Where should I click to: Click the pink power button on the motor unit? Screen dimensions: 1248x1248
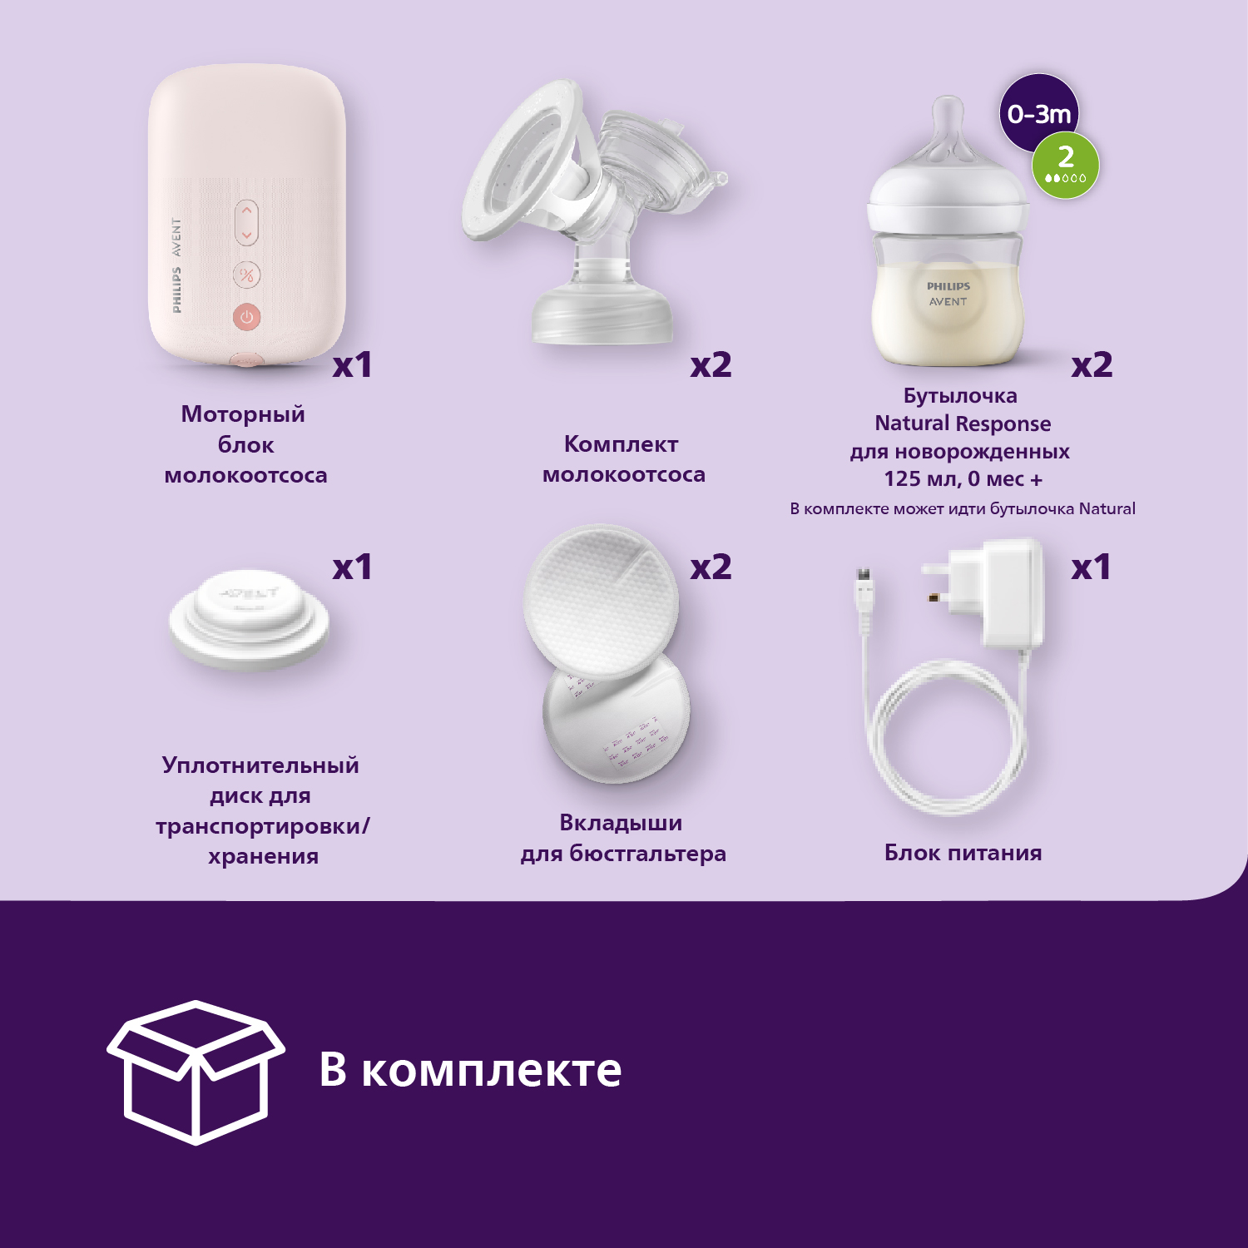click(246, 316)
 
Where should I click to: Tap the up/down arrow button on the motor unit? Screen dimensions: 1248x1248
click(246, 222)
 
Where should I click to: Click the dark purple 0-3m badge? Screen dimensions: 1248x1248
click(1038, 111)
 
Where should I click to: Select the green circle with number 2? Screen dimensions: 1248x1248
click(1066, 165)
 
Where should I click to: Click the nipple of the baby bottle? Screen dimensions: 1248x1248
click(948, 129)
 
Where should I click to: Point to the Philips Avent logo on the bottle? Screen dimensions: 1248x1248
click(948, 294)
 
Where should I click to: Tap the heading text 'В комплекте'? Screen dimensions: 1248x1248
click(471, 1070)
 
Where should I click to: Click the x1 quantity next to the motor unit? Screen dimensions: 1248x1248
click(352, 365)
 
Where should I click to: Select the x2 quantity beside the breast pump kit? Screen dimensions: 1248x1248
click(711, 365)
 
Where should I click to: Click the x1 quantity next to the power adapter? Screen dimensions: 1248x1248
click(1091, 567)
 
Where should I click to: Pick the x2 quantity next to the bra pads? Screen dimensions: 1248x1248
click(711, 567)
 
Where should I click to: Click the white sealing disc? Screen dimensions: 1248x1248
click(250, 620)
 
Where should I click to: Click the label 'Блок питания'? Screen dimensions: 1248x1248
click(963, 853)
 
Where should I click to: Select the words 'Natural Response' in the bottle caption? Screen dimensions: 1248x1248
click(963, 424)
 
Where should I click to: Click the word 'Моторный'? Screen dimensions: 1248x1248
click(243, 415)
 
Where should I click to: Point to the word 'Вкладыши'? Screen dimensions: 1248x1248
click(621, 823)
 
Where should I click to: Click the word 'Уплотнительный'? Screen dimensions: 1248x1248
click(260, 766)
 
